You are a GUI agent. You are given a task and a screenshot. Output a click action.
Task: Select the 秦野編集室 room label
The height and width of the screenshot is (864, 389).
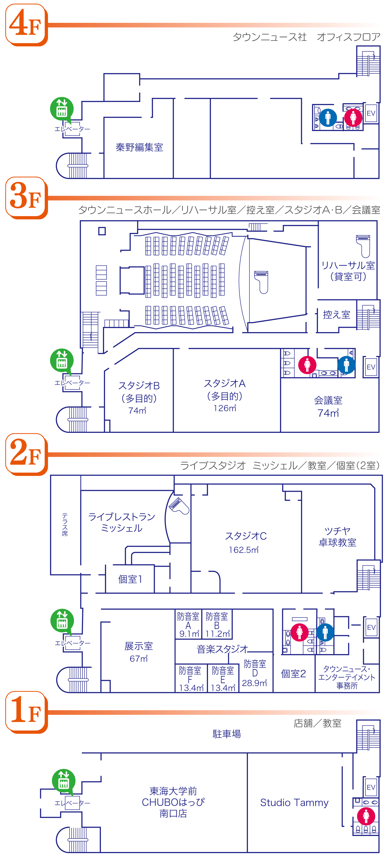click(139, 147)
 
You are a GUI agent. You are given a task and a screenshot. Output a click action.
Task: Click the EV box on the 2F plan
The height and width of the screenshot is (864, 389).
click(371, 627)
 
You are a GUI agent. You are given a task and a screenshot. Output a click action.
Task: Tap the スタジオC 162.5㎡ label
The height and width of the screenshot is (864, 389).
click(246, 542)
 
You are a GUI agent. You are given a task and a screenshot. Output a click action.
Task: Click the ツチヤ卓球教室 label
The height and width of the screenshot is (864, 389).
click(337, 536)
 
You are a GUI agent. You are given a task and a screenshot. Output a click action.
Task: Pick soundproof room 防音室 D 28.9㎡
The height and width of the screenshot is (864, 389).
click(255, 673)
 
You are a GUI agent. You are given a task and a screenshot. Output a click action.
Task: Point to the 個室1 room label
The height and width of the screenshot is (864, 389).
click(130, 579)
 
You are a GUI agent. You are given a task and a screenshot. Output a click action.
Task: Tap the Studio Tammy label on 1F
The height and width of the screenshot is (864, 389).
click(294, 803)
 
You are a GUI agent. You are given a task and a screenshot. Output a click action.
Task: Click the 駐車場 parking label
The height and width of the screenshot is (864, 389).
click(227, 734)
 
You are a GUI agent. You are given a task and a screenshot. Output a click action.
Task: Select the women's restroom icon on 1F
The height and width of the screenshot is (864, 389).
click(366, 816)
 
